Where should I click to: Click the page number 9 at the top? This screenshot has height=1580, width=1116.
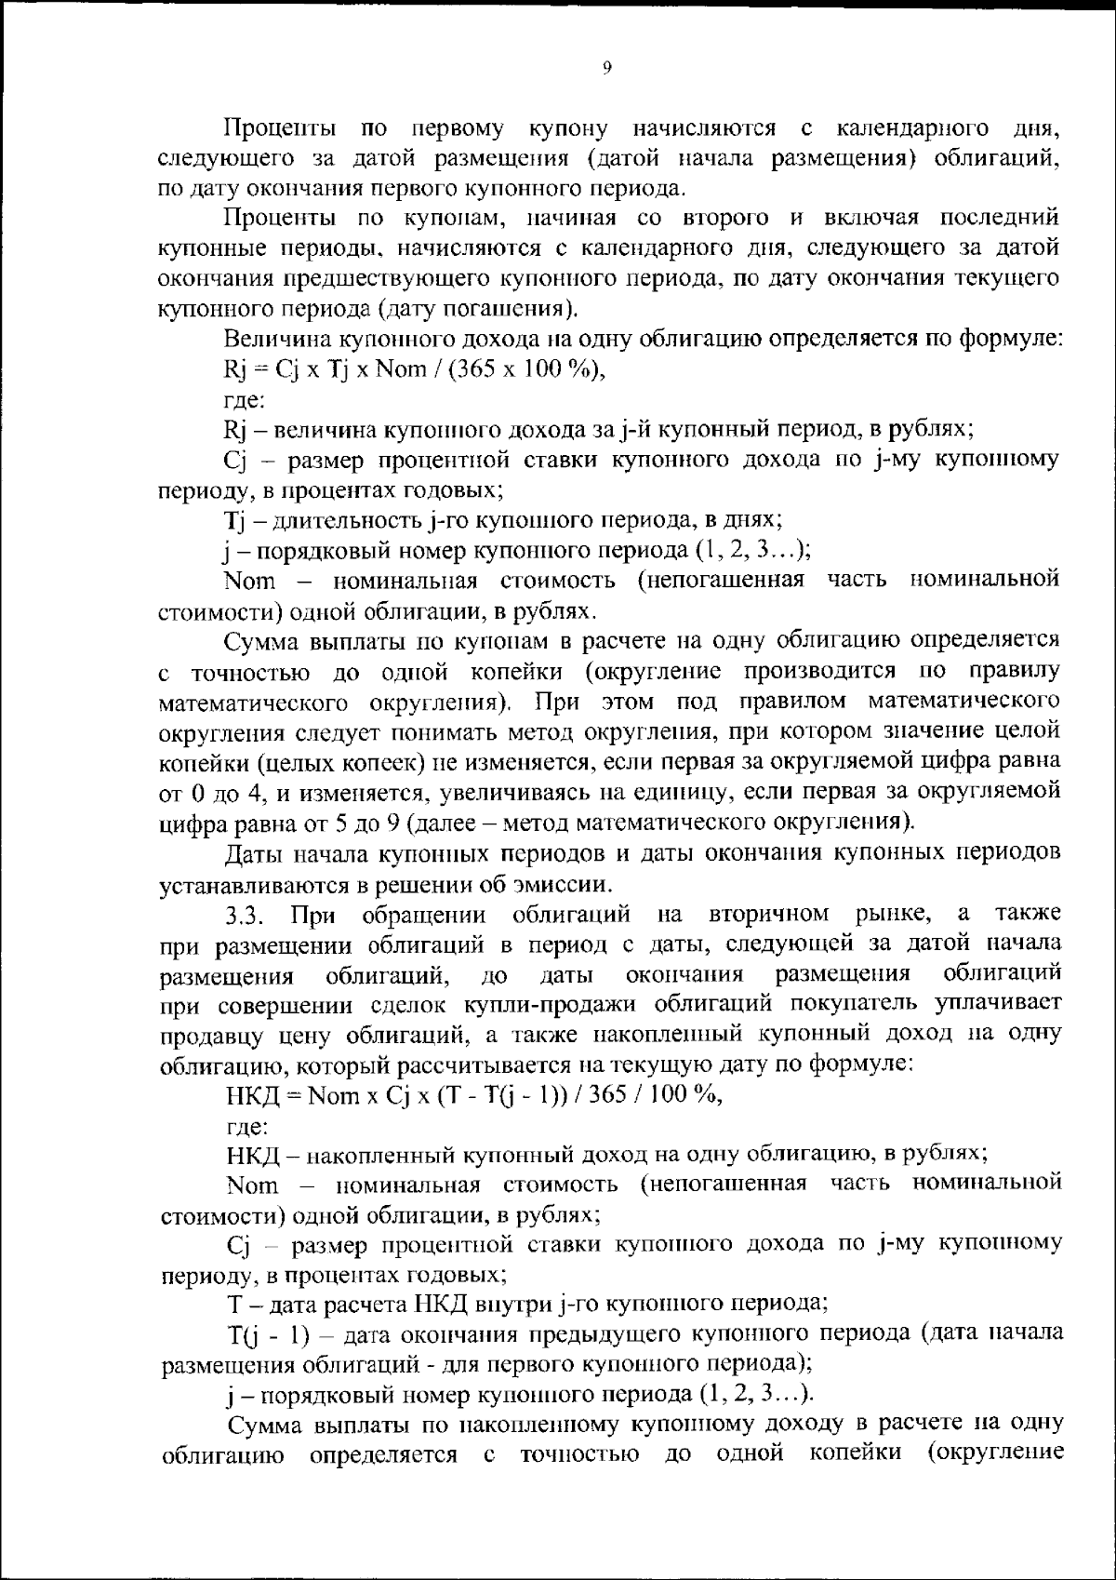605,67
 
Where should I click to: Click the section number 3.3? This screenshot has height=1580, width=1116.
247,914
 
